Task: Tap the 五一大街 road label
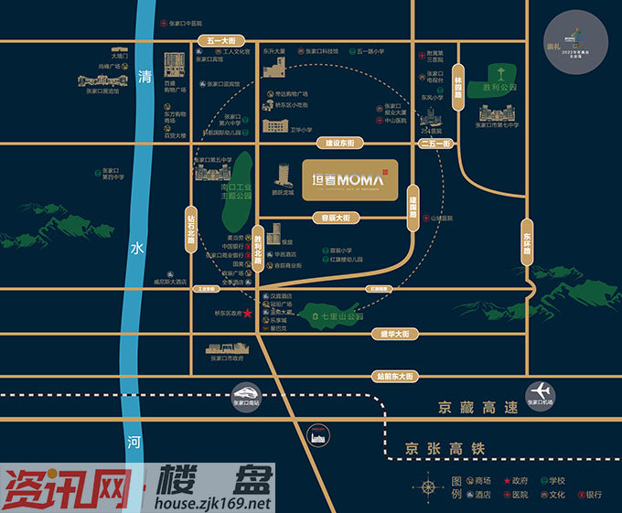pos(221,41)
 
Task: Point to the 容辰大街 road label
pos(336,218)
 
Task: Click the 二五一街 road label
pos(434,144)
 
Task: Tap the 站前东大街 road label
pos(395,376)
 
